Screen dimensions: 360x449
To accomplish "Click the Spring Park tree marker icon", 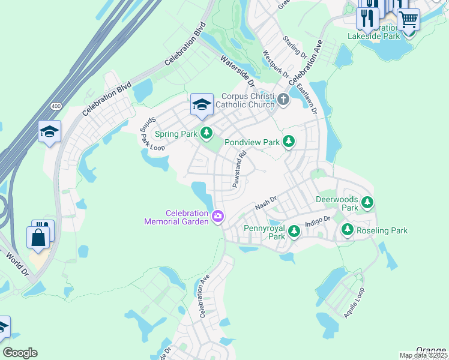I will pyautogui.click(x=206, y=133).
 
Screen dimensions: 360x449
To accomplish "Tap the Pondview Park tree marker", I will pyautogui.click(x=289, y=142).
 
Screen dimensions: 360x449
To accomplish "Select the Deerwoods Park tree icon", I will pyautogui.click(x=367, y=203).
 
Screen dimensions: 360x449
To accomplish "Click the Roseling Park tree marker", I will pyautogui.click(x=347, y=229).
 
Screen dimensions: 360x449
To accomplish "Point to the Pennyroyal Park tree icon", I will pyautogui.click(x=294, y=231).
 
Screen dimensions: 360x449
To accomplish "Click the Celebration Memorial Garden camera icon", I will pyautogui.click(x=218, y=215).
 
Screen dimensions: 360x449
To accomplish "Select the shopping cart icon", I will pyautogui.click(x=408, y=19).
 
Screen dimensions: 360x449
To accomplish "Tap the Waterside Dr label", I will pyautogui.click(x=237, y=70).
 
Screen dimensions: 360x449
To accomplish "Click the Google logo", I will pyautogui.click(x=20, y=353).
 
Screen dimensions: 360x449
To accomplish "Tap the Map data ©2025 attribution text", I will pyautogui.click(x=423, y=355).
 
